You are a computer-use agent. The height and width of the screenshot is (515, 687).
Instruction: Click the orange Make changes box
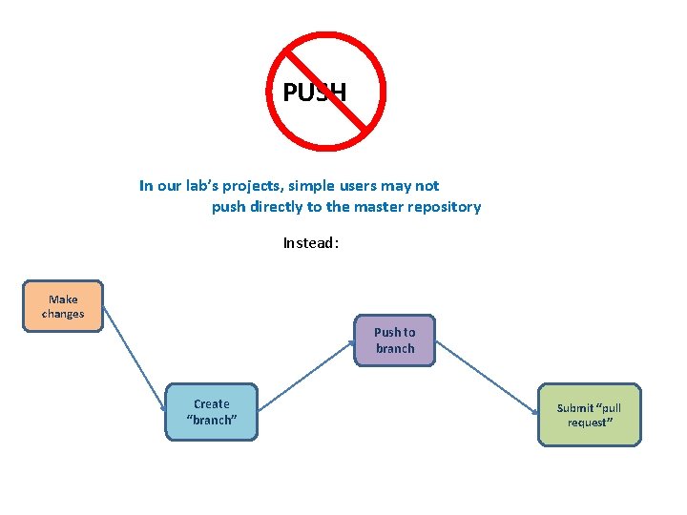click(x=63, y=306)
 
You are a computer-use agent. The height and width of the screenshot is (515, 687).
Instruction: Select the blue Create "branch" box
click(x=212, y=412)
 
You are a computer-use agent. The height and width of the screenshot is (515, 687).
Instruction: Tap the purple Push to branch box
click(x=395, y=340)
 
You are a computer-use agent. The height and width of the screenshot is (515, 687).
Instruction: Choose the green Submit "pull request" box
click(x=589, y=415)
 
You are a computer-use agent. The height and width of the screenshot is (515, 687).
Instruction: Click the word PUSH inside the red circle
click(x=315, y=93)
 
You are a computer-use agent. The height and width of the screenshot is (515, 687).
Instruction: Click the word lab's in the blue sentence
click(x=209, y=186)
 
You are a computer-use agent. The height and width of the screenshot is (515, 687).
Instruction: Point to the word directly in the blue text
click(x=277, y=207)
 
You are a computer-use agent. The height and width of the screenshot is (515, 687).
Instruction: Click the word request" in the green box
click(x=590, y=422)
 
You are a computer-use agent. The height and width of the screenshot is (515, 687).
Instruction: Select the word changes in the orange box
click(x=63, y=314)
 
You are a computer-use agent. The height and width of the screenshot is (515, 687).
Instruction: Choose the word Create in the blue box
click(x=212, y=404)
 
